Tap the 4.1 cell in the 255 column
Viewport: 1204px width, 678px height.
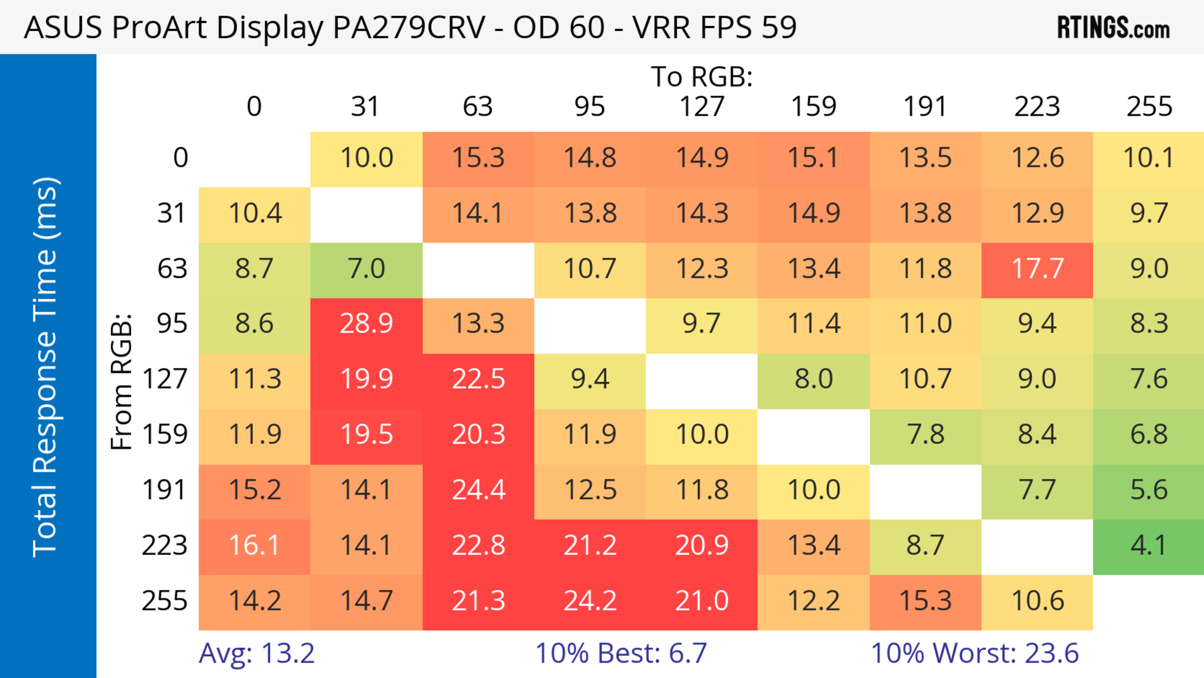(x=1149, y=546)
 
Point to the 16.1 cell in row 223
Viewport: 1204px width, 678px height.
(x=254, y=546)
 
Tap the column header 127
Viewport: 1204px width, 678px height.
(x=702, y=107)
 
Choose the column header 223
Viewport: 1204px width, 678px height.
(x=1037, y=107)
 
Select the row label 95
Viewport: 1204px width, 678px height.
(x=172, y=323)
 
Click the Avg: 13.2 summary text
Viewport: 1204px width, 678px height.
(x=256, y=653)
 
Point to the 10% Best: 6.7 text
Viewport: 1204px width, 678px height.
(x=621, y=653)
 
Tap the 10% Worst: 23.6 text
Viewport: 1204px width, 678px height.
(x=974, y=653)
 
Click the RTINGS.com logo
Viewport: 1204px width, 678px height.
(x=1113, y=28)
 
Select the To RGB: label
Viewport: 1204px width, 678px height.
(x=702, y=77)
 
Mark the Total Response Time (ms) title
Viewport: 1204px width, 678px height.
(x=46, y=367)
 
